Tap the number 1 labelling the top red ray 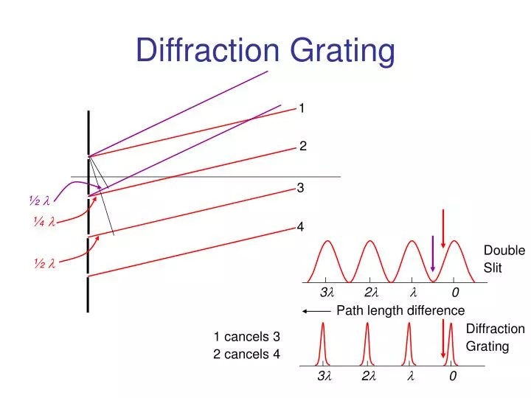[302, 108]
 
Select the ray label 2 [302, 146]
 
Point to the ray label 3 [301, 189]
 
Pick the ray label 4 [301, 226]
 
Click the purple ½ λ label [39, 200]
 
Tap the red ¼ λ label [44, 222]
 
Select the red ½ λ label [44, 263]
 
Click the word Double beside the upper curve [504, 251]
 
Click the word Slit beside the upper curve [493, 268]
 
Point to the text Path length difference [400, 310]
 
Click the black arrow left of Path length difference [316, 310]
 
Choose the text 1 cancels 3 [247, 337]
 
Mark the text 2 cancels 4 [247, 354]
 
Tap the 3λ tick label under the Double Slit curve [326, 293]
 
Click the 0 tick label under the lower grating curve [453, 377]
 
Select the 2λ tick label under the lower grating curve [369, 377]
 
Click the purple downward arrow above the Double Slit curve [433, 254]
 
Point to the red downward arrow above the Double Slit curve [443, 228]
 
